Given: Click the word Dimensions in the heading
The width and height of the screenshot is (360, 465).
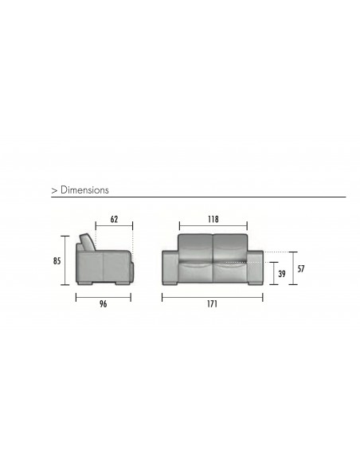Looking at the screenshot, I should click(x=84, y=191).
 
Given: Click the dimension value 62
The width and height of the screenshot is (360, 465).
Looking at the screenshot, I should click(x=114, y=218).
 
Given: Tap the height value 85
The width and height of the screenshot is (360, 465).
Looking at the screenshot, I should click(x=57, y=260).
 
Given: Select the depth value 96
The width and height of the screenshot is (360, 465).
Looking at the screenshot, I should click(x=103, y=303).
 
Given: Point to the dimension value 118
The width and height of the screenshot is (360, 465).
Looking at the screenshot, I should click(x=213, y=218).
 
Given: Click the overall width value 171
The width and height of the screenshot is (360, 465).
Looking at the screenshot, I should click(x=212, y=303).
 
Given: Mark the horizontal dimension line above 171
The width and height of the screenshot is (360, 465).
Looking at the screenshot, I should click(x=212, y=295).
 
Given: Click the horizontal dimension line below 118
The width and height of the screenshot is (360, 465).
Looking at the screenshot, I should click(x=213, y=226).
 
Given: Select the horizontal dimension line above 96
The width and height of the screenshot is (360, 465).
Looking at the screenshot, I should click(x=103, y=295).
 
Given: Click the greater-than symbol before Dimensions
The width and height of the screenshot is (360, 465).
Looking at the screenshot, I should click(x=53, y=192).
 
